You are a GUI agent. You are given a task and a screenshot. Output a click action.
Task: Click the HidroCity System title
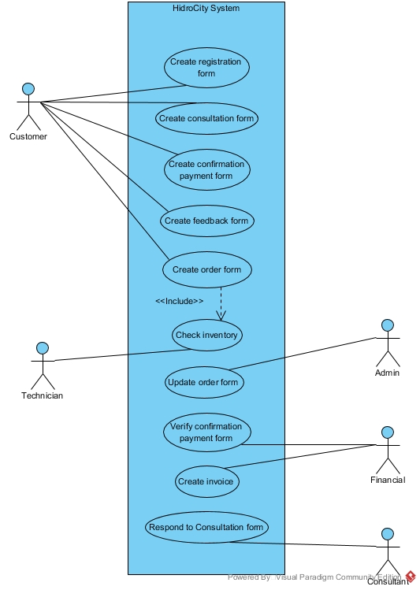[x=206, y=9]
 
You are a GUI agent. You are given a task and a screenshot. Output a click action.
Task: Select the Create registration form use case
[x=206, y=68]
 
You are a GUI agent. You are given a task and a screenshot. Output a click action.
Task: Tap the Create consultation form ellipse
[x=206, y=118]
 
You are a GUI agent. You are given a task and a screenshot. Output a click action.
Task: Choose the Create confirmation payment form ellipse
[x=206, y=170]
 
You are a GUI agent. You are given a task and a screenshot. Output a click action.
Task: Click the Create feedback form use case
[x=206, y=221]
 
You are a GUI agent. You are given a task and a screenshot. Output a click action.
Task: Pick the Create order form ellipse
[x=206, y=269]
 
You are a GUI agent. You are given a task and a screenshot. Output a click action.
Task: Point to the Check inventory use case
[x=206, y=335]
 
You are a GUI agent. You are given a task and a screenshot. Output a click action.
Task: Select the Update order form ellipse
[x=203, y=383]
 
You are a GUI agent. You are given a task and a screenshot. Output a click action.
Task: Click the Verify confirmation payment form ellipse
[x=206, y=432]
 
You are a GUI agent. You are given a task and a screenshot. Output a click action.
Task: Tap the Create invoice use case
[x=206, y=481]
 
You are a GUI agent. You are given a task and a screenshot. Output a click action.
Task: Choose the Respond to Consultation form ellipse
[x=206, y=527]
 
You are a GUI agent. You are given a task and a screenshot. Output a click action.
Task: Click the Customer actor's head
[x=28, y=87]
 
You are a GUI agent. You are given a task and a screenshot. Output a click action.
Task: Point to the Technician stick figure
[x=43, y=366]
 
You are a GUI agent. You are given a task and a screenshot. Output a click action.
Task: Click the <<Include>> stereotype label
[x=179, y=301]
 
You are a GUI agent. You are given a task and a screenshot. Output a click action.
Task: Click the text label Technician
[x=43, y=395]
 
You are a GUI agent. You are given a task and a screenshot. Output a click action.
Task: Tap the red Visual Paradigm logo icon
[x=411, y=577]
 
